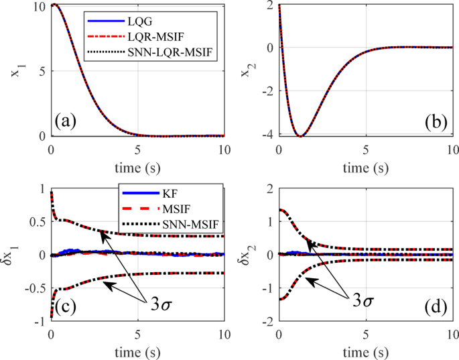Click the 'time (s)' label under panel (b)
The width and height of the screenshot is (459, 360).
point(366,164)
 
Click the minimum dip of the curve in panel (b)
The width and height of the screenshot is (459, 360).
point(302,136)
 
